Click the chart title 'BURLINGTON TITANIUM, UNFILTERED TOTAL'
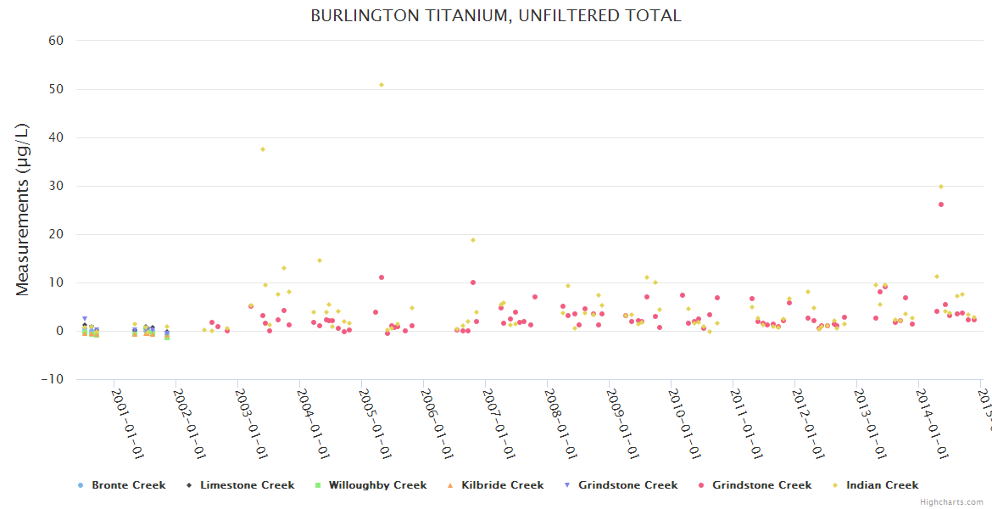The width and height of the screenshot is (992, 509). (495, 15)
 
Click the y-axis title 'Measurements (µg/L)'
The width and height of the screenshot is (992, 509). (23, 210)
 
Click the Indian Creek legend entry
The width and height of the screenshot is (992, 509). (882, 485)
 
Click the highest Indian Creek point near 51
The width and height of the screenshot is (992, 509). (382, 85)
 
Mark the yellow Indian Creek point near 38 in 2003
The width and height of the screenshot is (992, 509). (263, 149)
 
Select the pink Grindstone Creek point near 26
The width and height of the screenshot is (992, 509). (941, 204)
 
